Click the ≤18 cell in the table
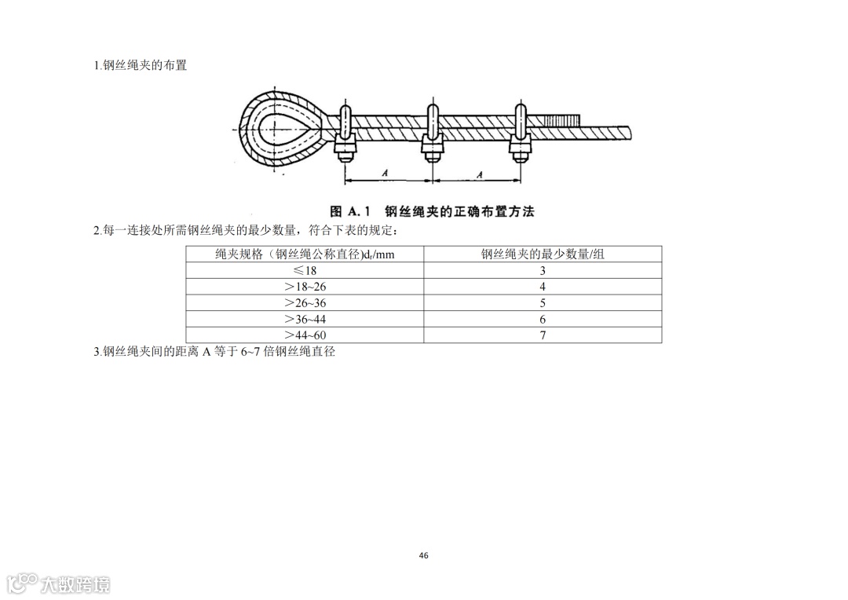(305, 270)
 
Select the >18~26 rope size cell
(305, 287)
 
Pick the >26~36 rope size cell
(305, 303)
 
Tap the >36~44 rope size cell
(305, 320)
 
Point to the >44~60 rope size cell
(305, 335)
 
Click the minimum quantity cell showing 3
(543, 270)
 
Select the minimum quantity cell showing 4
(543, 287)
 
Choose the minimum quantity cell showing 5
(543, 303)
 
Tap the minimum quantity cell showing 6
(543, 320)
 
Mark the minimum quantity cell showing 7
(543, 335)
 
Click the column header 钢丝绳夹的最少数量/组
(543, 254)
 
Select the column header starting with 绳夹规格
(305, 254)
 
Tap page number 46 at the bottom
(424, 555)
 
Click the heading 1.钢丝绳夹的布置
(141, 65)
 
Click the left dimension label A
(386, 172)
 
